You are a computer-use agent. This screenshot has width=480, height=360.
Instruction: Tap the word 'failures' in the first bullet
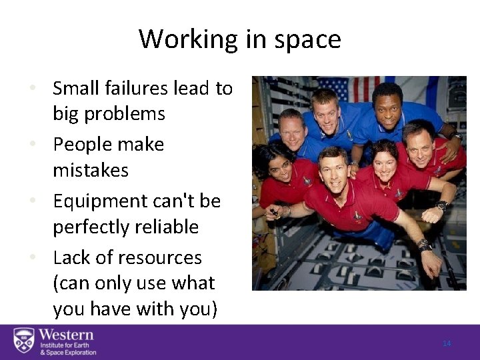pos(140,88)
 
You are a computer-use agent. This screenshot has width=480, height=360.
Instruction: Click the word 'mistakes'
pos(91,171)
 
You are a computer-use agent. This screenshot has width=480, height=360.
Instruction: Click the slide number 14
pos(447,343)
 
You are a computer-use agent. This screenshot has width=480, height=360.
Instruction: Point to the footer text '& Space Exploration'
pos(67,353)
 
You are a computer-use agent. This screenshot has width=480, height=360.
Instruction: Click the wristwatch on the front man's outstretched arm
pos(423,245)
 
